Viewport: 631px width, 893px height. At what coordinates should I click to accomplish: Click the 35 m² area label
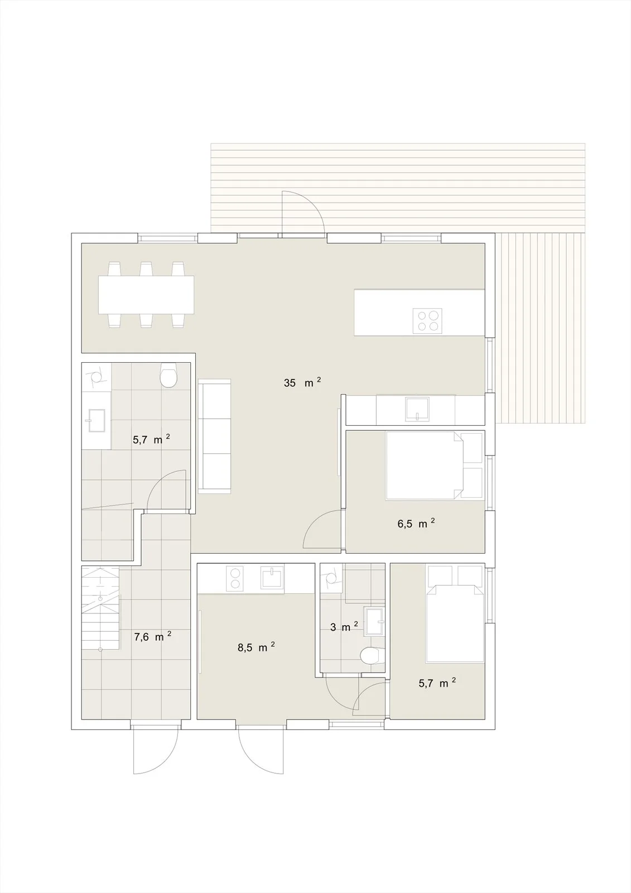coord(302,382)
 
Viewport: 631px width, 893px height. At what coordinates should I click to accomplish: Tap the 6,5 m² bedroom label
coord(416,523)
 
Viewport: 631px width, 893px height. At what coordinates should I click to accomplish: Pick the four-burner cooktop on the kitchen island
coord(427,321)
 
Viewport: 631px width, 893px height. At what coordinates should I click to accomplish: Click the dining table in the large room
coord(146,294)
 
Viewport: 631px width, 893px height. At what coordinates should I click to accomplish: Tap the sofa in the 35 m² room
coord(214,436)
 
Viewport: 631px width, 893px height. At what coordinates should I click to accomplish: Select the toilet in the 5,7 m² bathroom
coord(168,375)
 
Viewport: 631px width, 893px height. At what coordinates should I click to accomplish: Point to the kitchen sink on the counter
coord(417,409)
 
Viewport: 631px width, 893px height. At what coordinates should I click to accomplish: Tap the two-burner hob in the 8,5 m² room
coord(234,578)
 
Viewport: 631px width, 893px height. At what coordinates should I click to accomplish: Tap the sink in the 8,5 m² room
coord(272,577)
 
